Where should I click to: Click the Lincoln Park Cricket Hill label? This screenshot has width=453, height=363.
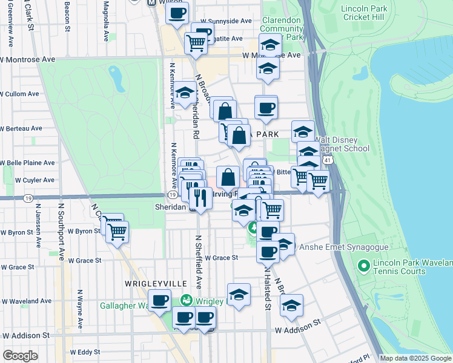pos(370,13)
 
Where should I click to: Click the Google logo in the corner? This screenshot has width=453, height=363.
pos(20,356)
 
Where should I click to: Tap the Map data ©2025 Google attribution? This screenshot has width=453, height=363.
pos(415,358)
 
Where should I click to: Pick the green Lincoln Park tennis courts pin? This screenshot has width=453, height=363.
pos(363,266)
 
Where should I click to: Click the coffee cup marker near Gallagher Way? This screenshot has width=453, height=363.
pos(160,301)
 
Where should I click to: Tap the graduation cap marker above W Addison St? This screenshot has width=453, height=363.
pos(291,306)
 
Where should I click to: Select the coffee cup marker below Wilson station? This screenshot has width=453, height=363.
pos(177,13)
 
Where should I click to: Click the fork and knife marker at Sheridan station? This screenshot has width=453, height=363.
pos(200,197)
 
